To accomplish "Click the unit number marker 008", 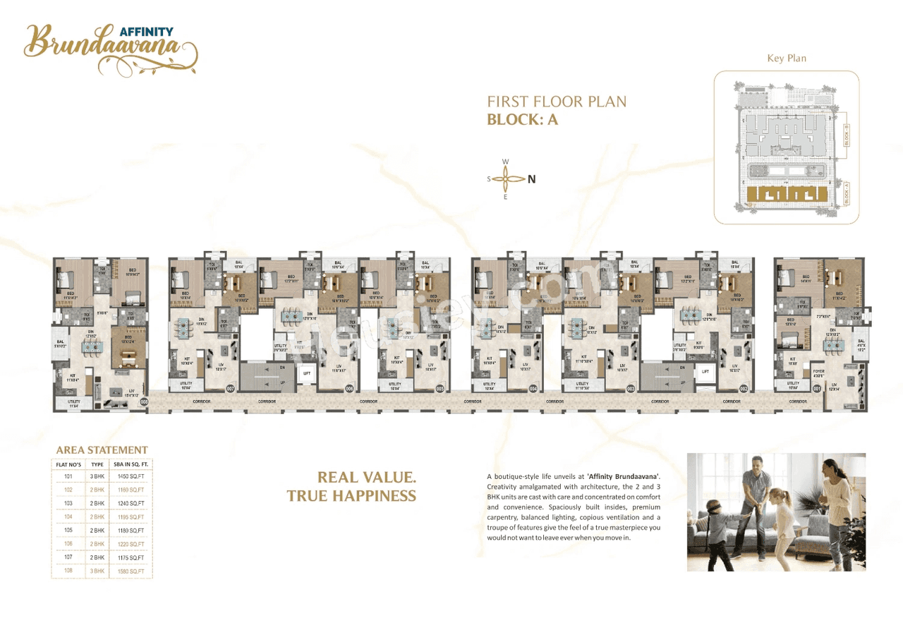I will (144, 401).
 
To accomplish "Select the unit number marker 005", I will (440, 388).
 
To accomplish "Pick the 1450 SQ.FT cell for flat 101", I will (132, 476).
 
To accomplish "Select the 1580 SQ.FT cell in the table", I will (132, 571).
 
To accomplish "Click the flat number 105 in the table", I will (68, 531).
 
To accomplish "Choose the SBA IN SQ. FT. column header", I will (132, 464).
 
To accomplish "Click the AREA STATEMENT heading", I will (102, 450).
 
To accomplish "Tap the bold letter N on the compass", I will (532, 179).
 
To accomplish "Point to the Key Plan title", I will (787, 58).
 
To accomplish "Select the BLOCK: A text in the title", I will (522, 119).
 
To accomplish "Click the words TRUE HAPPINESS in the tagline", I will (351, 496).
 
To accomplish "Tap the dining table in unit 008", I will (92, 346).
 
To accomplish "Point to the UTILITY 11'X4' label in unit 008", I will (73, 404).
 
